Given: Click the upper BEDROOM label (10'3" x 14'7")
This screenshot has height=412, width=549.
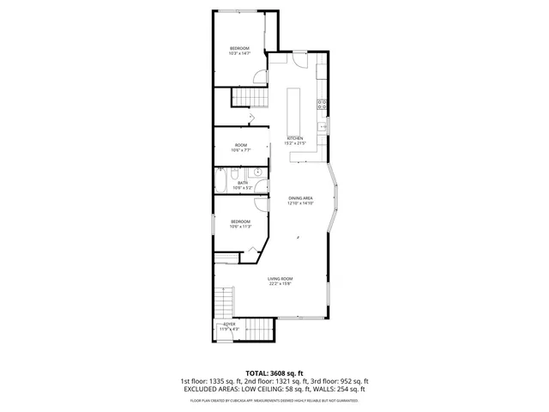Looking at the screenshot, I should [238, 50].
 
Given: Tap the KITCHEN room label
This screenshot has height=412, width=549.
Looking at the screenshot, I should [295, 141].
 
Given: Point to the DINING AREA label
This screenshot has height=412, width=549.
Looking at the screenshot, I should [301, 200].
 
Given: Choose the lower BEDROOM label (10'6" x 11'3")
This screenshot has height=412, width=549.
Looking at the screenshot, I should [239, 224].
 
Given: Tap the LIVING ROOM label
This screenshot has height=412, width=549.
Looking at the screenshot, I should [281, 281].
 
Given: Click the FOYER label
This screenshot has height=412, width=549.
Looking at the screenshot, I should [229, 326].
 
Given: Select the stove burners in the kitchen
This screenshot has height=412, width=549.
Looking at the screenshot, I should [322, 106].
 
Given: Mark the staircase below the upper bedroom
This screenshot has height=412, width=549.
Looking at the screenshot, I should [249, 97].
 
